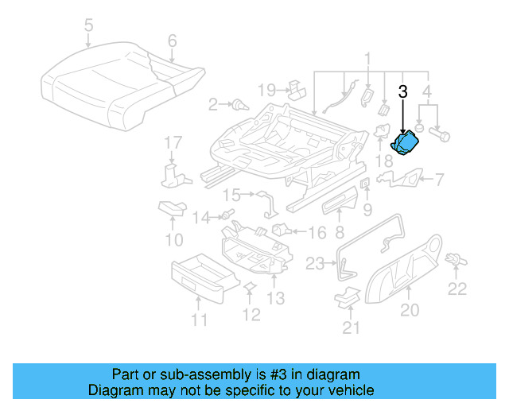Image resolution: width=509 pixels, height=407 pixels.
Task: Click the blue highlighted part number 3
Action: pyautogui.click(x=408, y=143)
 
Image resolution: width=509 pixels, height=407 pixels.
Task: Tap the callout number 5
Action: pyautogui.click(x=87, y=25)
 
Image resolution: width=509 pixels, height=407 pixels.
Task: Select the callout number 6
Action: pyautogui.click(x=171, y=41)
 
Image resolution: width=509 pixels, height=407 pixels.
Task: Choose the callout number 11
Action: pyautogui.click(x=199, y=320)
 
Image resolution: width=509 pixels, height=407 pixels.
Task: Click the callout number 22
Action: pyautogui.click(x=457, y=289)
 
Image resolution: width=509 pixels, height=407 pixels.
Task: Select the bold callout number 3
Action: pyautogui.click(x=403, y=91)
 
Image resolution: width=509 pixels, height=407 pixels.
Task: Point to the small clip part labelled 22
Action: pyautogui.click(x=456, y=259)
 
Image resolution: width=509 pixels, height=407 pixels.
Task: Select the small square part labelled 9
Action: pyautogui.click(x=365, y=184)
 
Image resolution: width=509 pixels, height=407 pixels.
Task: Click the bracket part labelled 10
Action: pyautogui.click(x=171, y=208)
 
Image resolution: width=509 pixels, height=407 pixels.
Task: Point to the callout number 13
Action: pyautogui.click(x=275, y=298)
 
